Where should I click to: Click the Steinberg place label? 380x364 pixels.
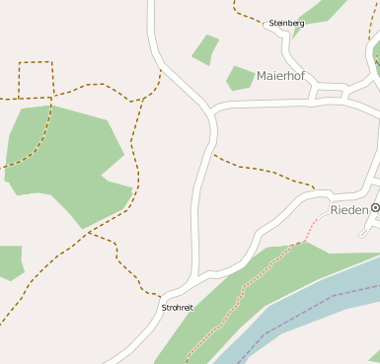point(286,23)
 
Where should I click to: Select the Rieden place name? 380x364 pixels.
point(348,210)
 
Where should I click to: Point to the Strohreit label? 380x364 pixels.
point(177,308)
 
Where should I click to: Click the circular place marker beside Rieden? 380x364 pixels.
point(375,209)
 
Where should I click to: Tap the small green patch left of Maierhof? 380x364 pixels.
point(240,78)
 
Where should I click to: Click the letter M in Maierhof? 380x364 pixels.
point(261,75)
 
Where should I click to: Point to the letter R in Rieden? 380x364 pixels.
point(335,210)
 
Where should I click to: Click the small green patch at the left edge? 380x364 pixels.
point(9,262)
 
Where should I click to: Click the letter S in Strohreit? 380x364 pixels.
point(163,308)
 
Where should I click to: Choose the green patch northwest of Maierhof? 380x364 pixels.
point(205,48)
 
